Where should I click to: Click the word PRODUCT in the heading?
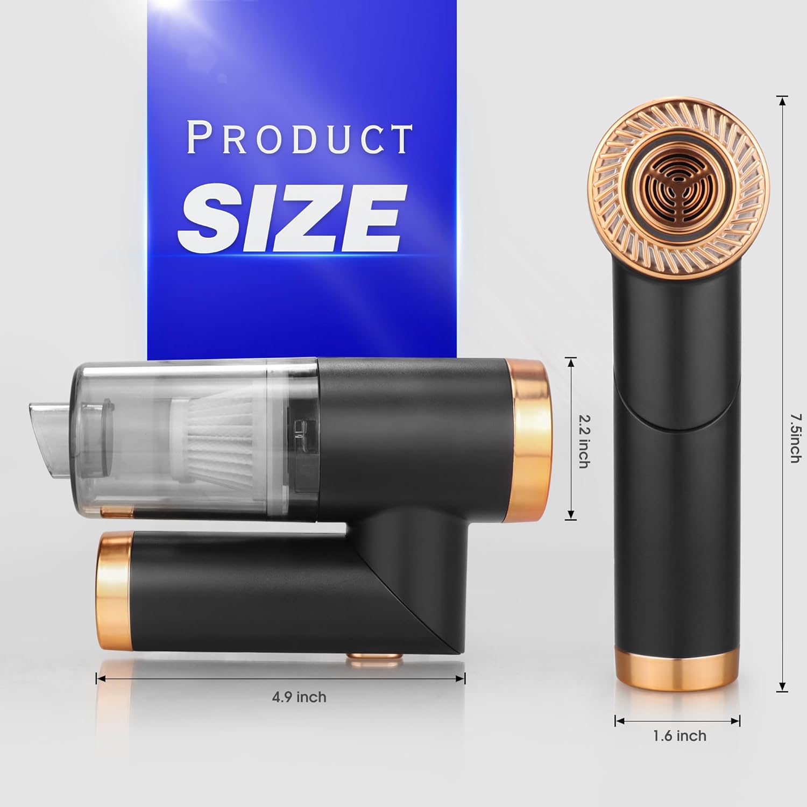(299, 139)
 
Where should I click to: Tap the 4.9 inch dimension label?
(299, 697)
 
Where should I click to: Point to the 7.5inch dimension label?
(795, 438)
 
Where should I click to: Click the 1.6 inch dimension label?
(679, 735)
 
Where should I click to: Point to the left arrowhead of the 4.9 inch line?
(100, 679)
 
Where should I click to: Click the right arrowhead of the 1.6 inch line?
(738, 720)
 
